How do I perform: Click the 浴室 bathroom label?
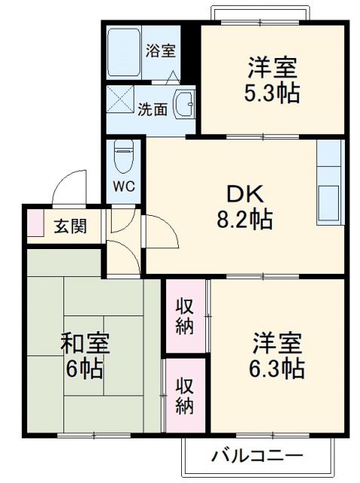tap(159, 51)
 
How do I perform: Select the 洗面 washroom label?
tap(152, 109)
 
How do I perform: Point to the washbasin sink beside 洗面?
tap(184, 105)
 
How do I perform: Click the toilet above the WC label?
tap(123, 157)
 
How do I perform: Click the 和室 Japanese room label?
tap(85, 345)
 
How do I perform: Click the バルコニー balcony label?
tap(257, 455)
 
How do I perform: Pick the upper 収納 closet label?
tap(185, 316)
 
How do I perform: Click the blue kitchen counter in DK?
tap(330, 184)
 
